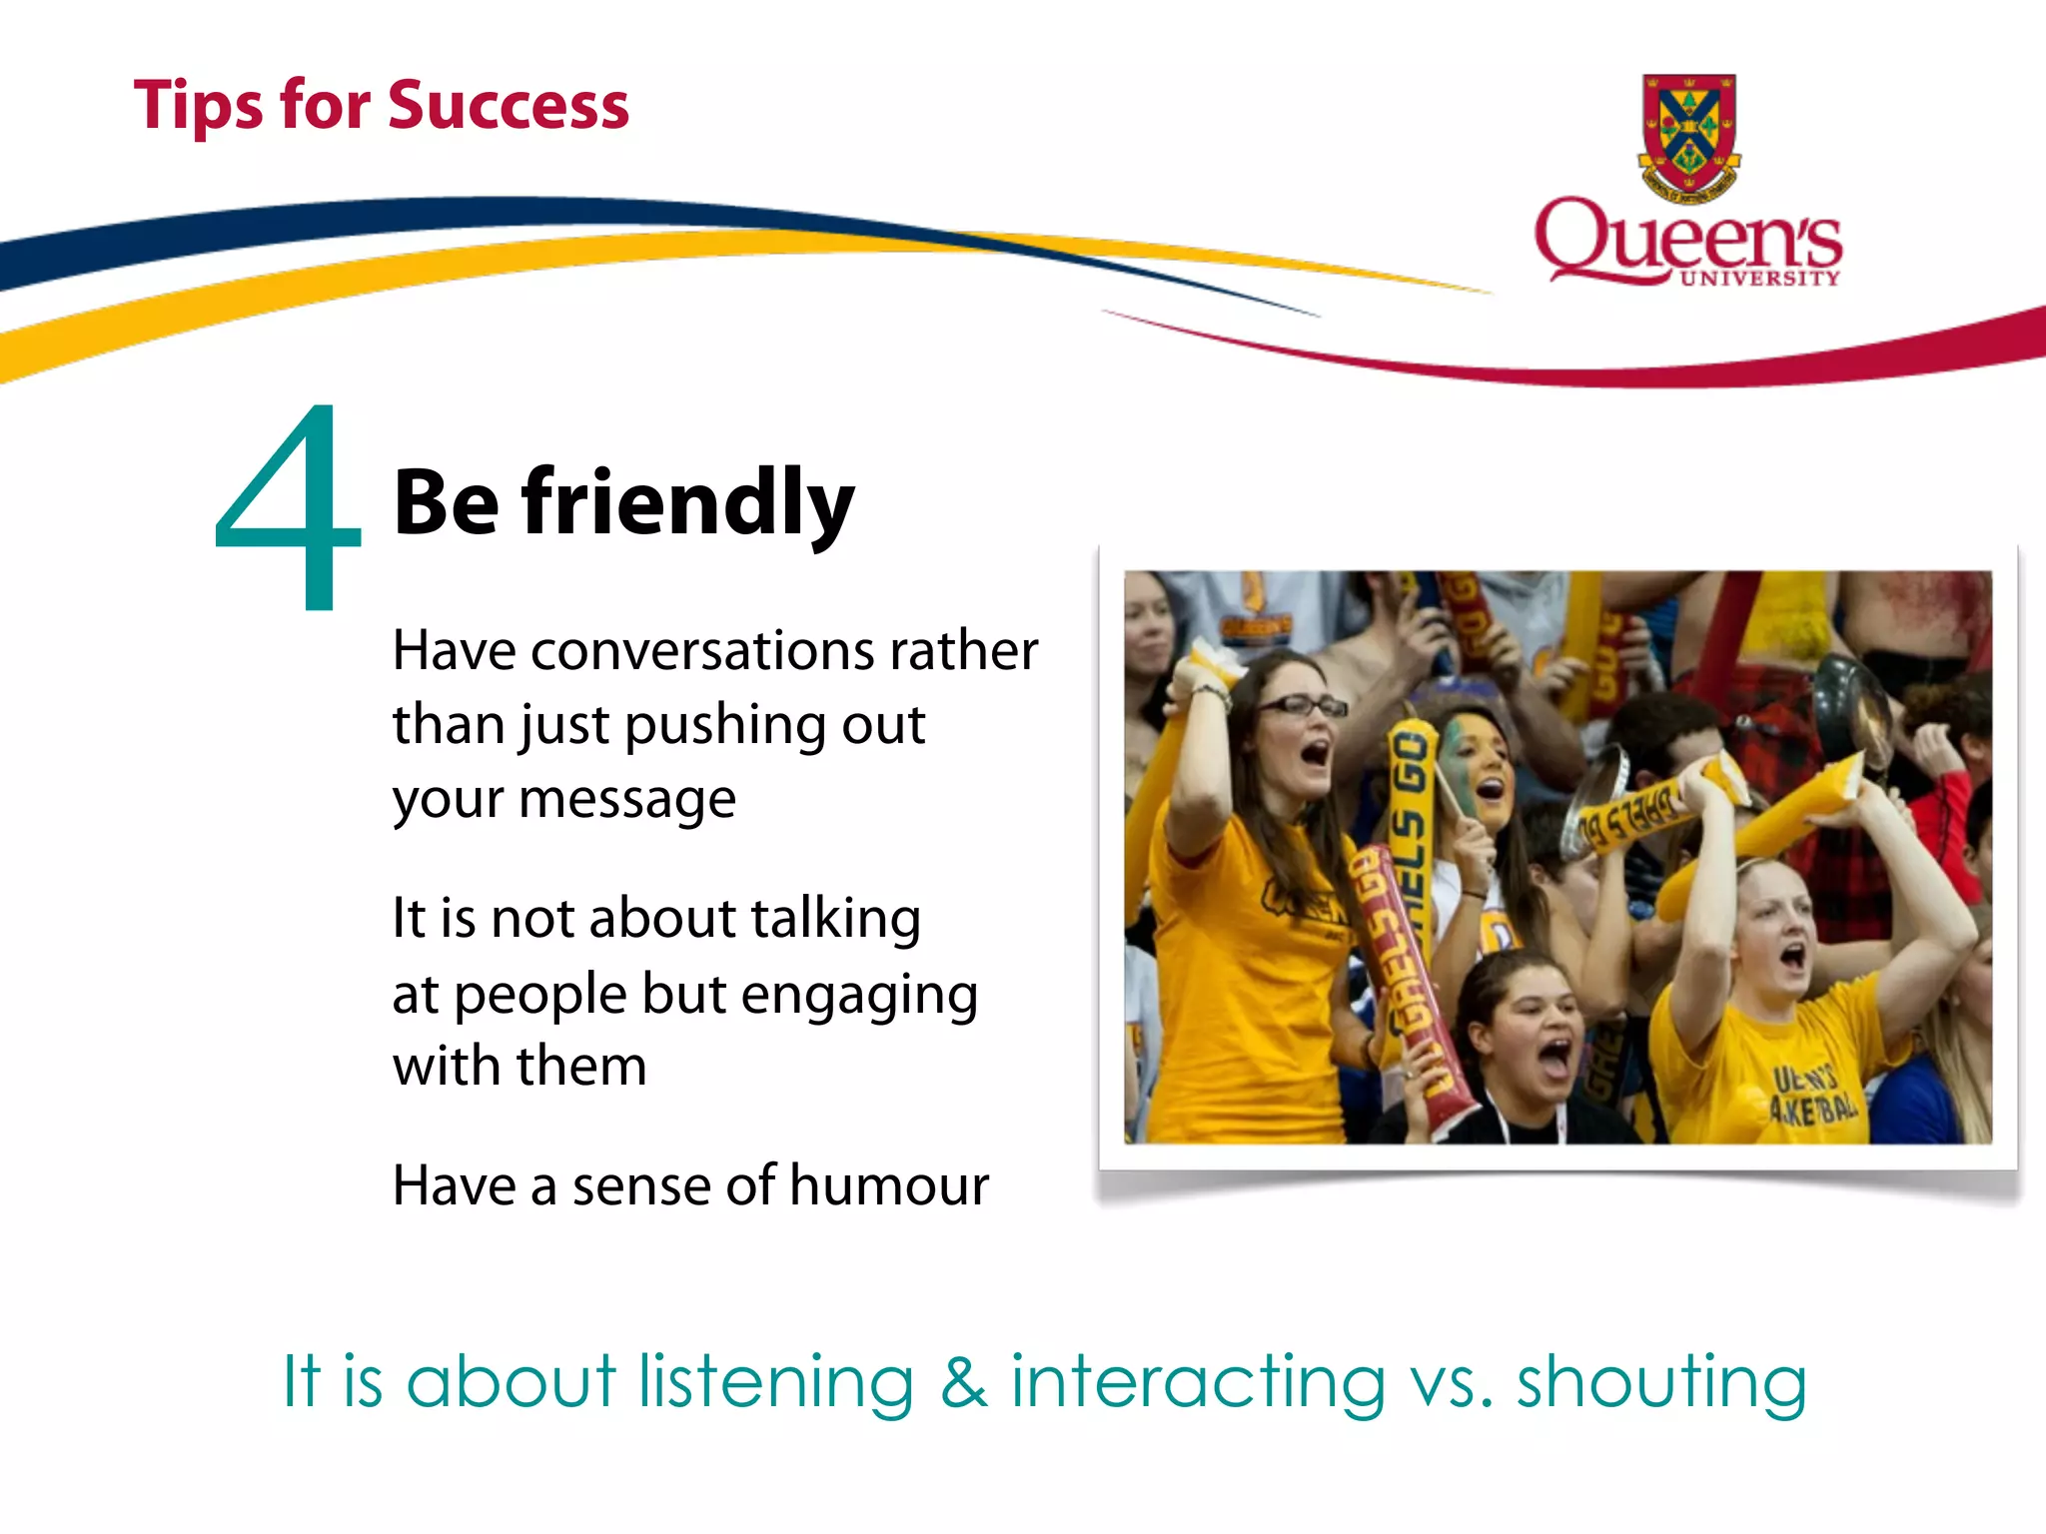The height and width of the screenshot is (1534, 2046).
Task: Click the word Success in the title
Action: (x=509, y=106)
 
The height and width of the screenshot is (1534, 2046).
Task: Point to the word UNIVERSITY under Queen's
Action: (x=1759, y=279)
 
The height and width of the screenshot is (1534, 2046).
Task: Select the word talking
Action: (x=835, y=920)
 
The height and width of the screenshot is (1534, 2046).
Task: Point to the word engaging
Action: (x=859, y=996)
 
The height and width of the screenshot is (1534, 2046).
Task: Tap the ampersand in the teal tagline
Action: (x=963, y=1383)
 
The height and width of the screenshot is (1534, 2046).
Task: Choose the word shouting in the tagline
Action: (x=1661, y=1383)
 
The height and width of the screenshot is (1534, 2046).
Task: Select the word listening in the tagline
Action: (x=776, y=1383)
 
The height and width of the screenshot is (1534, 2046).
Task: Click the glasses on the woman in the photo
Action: (x=1301, y=706)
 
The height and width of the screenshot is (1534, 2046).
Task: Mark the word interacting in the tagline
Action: (x=1198, y=1383)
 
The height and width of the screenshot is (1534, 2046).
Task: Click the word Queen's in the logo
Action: (x=1688, y=238)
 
